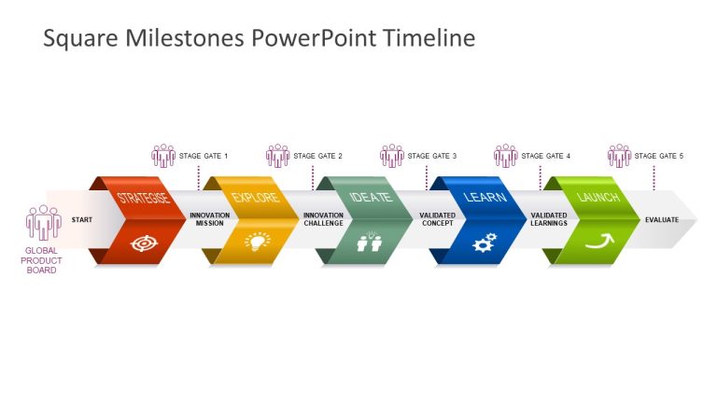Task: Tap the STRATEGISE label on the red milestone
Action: tap(143, 199)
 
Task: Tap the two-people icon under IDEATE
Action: tap(370, 243)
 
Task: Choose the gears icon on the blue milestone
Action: tap(484, 243)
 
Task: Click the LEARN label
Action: tap(485, 198)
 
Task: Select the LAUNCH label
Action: tap(598, 198)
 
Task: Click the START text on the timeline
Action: tap(82, 220)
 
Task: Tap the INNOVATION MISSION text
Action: tap(209, 220)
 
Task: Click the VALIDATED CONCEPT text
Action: tap(437, 220)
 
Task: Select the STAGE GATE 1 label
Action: tap(204, 156)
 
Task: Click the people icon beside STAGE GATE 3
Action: tap(392, 155)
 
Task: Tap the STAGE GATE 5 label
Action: tap(659, 156)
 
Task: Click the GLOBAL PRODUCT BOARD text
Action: tap(42, 260)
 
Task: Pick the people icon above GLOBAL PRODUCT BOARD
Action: tap(43, 222)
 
